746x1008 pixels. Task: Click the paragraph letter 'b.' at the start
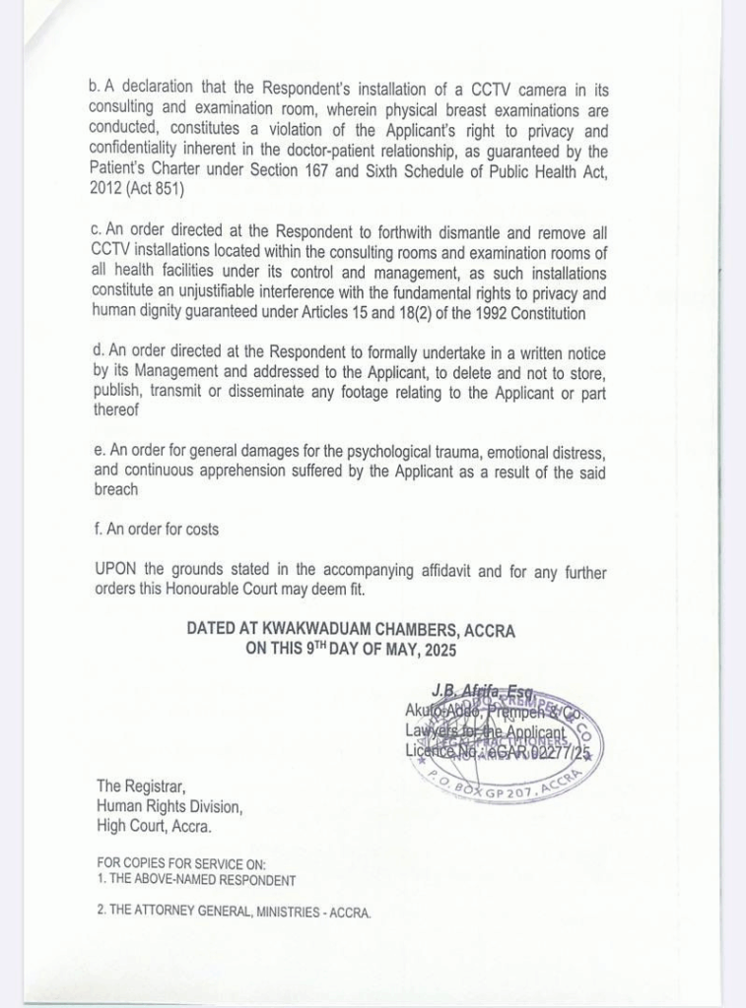(94, 90)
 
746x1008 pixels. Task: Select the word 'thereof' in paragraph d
(115, 412)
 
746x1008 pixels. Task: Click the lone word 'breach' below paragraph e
(116, 490)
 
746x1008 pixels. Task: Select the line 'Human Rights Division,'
(169, 806)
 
